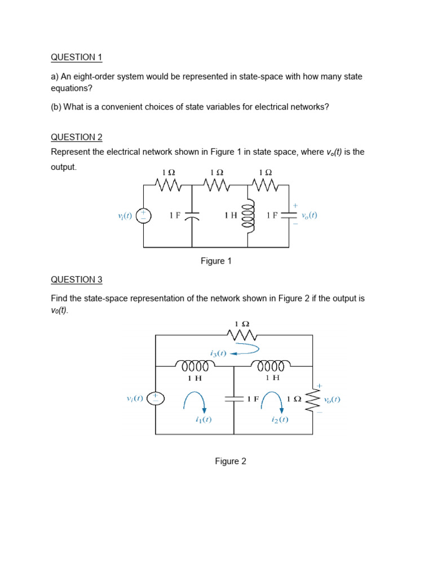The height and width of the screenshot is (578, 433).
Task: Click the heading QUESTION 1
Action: (77, 57)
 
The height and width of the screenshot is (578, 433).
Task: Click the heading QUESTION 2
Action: (77, 137)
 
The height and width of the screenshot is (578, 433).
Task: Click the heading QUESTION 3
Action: (77, 279)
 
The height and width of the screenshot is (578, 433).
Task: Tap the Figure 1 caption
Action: (216, 261)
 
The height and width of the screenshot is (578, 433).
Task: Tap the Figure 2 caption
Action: (231, 461)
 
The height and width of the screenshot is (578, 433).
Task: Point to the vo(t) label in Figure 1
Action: (309, 215)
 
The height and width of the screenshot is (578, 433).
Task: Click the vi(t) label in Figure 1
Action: (125, 216)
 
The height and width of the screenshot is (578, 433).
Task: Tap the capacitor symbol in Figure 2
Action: (233, 399)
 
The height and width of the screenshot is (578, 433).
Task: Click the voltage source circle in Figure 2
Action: (155, 399)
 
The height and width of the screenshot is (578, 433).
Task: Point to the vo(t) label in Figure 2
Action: (332, 399)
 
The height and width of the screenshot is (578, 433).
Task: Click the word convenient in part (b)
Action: (109, 107)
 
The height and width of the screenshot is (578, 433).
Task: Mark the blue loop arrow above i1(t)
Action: (195, 402)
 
